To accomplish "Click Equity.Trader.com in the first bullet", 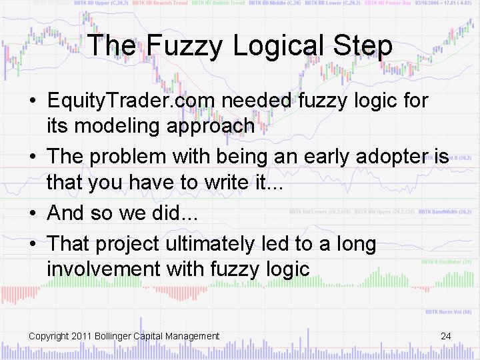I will (x=131, y=101).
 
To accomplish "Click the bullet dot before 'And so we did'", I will (x=33, y=213).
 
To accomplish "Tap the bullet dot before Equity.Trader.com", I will (x=33, y=101).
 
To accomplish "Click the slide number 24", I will (x=446, y=336).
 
